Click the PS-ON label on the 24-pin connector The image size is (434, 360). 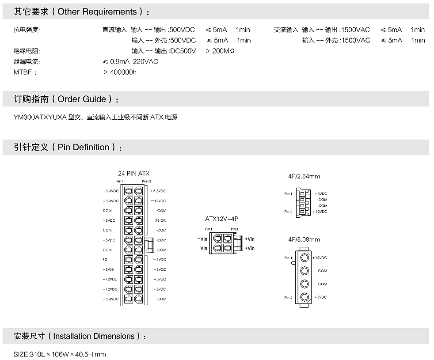coord(160,220)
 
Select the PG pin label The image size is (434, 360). coord(105,260)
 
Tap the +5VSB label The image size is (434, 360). coord(108,269)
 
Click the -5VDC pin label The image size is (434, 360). coord(160,260)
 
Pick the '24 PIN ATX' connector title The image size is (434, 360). coord(133,174)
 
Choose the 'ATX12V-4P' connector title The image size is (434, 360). coord(222,219)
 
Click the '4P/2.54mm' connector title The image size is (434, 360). coord(304,176)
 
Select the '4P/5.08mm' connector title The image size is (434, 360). coord(304,239)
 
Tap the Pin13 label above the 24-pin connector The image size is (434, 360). coord(147,181)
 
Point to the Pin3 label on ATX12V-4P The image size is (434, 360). coord(235,229)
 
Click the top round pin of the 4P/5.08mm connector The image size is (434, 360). coord(305,258)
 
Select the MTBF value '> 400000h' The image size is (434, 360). coord(120,72)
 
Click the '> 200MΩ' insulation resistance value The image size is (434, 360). coord(220,51)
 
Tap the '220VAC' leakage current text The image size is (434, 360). coord(145,61)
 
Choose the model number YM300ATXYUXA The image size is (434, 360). coord(40,117)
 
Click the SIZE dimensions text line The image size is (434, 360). coord(60,354)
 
